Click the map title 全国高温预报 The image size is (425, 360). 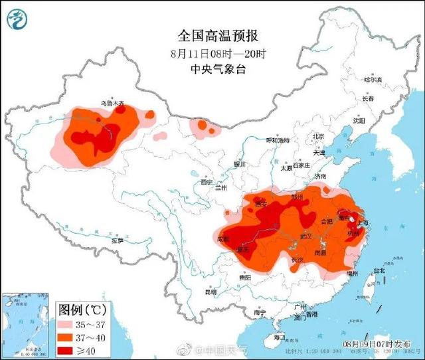[208, 34]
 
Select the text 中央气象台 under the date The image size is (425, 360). [208, 68]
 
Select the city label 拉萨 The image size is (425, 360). [117, 242]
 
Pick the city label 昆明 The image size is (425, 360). [210, 292]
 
